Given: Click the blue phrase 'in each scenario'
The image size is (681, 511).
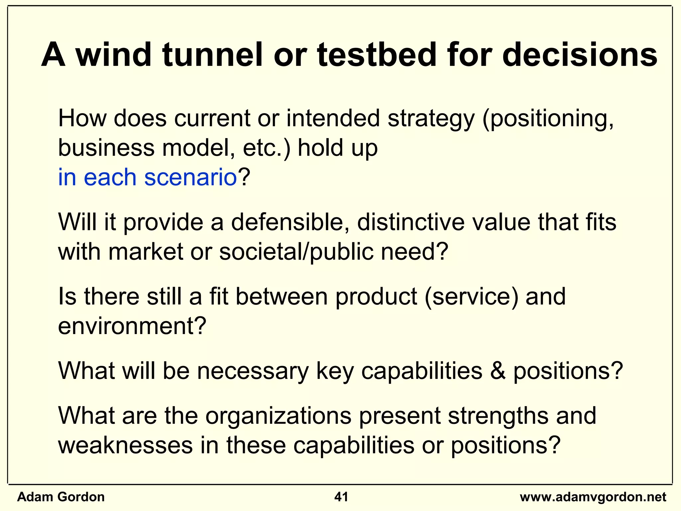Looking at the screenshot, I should tap(147, 177).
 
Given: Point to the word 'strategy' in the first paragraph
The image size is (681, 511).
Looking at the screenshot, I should tap(431, 119).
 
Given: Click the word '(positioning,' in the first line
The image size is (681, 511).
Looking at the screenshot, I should tap(548, 119).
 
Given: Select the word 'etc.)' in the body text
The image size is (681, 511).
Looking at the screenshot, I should tap(266, 148).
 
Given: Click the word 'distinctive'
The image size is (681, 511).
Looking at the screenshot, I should tap(410, 222).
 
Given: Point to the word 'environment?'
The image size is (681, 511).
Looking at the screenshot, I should tap(132, 326).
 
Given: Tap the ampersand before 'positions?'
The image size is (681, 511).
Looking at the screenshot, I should tap(497, 371).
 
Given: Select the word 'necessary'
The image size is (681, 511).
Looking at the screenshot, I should tap(253, 371).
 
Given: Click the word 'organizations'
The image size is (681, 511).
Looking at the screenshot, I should tap(278, 416).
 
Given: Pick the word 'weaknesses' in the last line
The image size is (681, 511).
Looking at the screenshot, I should tap(125, 445).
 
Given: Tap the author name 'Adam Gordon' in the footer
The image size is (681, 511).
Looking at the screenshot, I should tap(61, 497).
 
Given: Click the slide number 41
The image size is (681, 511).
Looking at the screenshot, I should tap(341, 497).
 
